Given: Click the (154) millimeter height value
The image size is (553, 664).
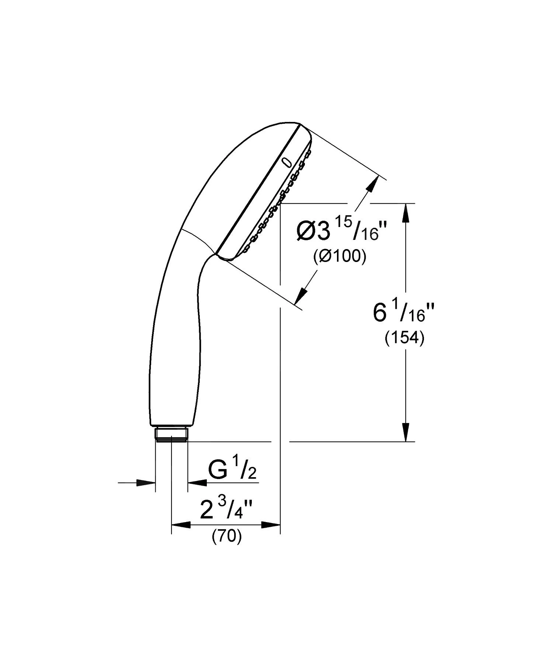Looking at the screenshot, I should coord(404,338).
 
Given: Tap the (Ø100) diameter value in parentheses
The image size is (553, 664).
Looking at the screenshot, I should coord(339,256).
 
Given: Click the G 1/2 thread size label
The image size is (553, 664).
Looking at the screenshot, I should coord(232,471).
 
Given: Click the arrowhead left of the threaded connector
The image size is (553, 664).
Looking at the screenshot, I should coord(146,482).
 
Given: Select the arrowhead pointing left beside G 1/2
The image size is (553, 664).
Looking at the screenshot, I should coord(197,482).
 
